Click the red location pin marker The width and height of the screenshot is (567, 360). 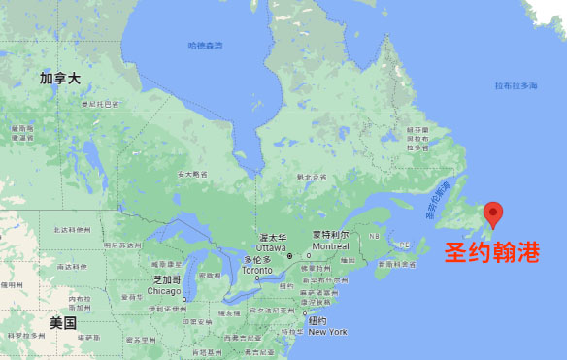493,213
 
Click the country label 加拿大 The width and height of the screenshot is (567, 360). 59,78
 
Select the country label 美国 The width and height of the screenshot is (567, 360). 63,322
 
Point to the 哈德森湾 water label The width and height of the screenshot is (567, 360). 205,46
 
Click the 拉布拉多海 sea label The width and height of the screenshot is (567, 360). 516,86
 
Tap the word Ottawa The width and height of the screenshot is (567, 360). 271,246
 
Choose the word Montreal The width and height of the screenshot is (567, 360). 330,245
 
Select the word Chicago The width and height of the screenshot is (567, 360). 165,290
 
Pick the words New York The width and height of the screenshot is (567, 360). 327,332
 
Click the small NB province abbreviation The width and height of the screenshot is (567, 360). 374,236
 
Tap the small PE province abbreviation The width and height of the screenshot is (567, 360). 405,245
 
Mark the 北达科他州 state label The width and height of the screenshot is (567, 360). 71,230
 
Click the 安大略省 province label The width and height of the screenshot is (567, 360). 192,175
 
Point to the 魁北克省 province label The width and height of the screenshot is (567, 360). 311,178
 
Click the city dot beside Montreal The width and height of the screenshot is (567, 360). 308,256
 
